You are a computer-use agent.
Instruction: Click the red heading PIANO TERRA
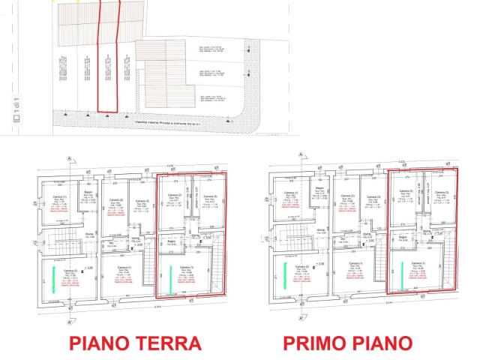tap(134, 344)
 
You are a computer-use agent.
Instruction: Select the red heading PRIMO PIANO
tap(347, 344)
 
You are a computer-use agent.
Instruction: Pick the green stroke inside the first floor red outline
tap(401, 274)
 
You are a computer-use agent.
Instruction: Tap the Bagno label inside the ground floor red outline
tap(172, 241)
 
